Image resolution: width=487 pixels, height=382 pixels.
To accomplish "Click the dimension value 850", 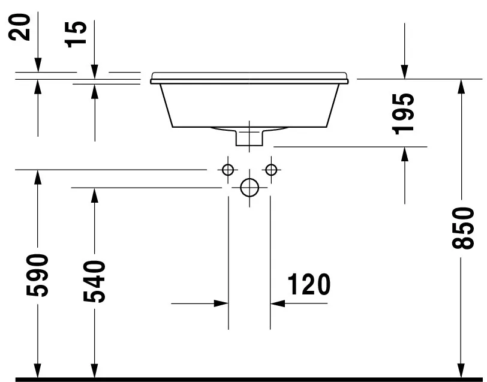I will [460, 228].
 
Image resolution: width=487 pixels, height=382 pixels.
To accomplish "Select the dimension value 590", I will [37, 275].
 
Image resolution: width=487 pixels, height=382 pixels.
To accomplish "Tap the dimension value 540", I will [94, 281].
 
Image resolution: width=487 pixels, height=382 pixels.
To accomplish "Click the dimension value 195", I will [405, 113].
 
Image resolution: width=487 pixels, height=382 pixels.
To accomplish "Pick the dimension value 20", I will [23, 28].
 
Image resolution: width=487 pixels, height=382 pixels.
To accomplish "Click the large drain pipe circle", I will [249, 188].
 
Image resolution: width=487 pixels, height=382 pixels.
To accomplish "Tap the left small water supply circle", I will [228, 170].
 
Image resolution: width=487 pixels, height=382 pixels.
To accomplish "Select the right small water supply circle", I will [271, 170].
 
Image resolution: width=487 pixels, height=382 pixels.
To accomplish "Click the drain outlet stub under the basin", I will [249, 137].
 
